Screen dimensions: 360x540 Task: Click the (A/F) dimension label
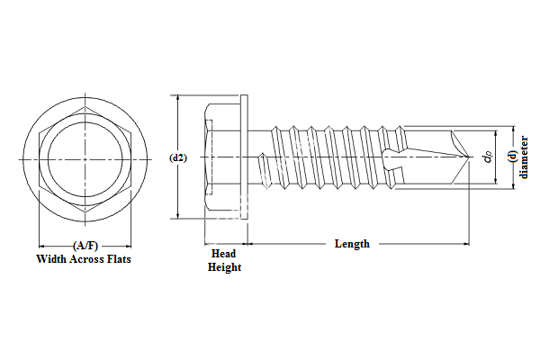83,246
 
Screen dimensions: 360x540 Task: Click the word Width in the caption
53,259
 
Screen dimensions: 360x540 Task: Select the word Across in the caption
86,259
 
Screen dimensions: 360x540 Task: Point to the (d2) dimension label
178,157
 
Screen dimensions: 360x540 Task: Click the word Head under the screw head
223,255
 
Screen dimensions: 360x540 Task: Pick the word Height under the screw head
224,267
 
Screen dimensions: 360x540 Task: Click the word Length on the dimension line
352,244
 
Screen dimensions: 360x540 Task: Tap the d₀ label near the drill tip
487,157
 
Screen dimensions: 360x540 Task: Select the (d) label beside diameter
511,157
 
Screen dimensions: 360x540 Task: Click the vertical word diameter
524,157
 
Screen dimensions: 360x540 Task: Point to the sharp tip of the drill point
469,157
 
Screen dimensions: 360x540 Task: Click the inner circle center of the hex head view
83,157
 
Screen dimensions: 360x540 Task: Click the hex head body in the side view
220,157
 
